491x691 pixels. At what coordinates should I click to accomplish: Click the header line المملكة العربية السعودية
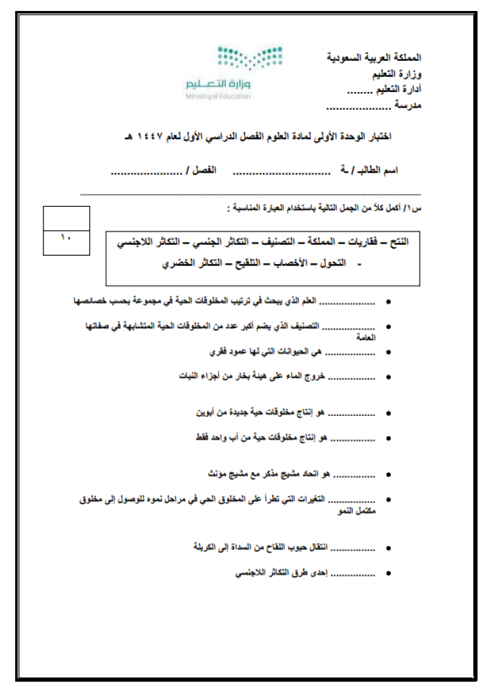point(373,57)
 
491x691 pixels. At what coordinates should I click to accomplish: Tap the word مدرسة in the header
point(407,104)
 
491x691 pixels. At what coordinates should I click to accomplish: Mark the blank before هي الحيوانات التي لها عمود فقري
point(350,352)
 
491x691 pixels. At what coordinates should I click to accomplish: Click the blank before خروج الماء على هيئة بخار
point(352,377)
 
